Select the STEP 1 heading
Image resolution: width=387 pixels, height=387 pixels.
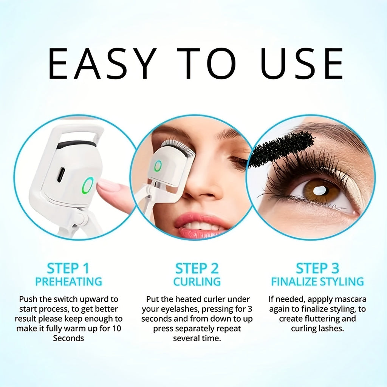pyautogui.click(x=68, y=269)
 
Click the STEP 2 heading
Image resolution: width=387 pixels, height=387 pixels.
pyautogui.click(x=197, y=269)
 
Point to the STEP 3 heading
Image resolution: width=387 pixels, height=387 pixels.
pyautogui.click(x=317, y=269)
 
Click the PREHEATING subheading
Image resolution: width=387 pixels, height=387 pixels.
pyautogui.click(x=68, y=282)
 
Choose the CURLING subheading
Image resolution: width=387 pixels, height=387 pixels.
pyautogui.click(x=197, y=282)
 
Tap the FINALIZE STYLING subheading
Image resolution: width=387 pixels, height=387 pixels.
pyautogui.click(x=317, y=282)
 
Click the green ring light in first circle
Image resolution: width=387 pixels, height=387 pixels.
pyautogui.click(x=88, y=186)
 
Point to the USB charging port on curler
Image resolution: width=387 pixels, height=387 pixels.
pyautogui.click(x=61, y=174)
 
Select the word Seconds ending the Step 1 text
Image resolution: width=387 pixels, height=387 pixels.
pyautogui.click(x=68, y=338)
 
